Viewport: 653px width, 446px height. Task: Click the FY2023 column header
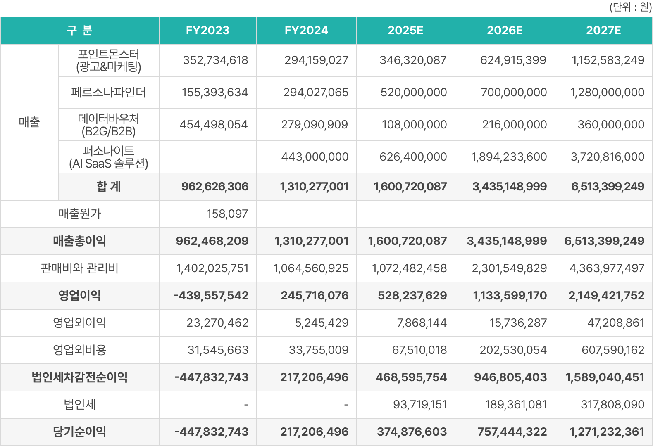point(207,31)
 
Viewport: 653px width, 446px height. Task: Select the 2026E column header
point(505,31)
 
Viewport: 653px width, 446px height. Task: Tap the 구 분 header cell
point(80,31)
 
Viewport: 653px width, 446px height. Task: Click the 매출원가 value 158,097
point(227,214)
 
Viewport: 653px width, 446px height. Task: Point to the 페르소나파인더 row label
point(108,93)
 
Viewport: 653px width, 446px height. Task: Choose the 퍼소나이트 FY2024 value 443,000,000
point(315,157)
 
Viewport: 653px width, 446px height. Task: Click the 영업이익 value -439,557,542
point(211,296)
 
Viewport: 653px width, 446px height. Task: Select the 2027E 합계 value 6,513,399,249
point(608,187)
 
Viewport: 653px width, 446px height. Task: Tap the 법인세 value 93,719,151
point(420,405)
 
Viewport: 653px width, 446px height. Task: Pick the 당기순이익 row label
point(80,432)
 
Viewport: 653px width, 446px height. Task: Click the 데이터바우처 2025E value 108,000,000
point(414,125)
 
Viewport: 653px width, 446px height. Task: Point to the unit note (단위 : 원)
point(630,7)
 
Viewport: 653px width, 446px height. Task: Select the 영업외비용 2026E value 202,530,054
point(513,350)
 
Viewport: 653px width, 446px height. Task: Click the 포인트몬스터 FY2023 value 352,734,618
point(215,60)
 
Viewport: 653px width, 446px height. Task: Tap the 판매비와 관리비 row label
point(80,268)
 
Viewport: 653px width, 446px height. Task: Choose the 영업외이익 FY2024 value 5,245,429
point(322,323)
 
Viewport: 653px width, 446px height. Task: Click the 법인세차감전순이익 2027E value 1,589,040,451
point(605,377)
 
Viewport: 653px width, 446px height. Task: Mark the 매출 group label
point(29,122)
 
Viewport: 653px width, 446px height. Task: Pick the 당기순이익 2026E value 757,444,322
point(512,432)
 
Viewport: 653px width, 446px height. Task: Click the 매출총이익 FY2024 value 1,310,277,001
point(311,241)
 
